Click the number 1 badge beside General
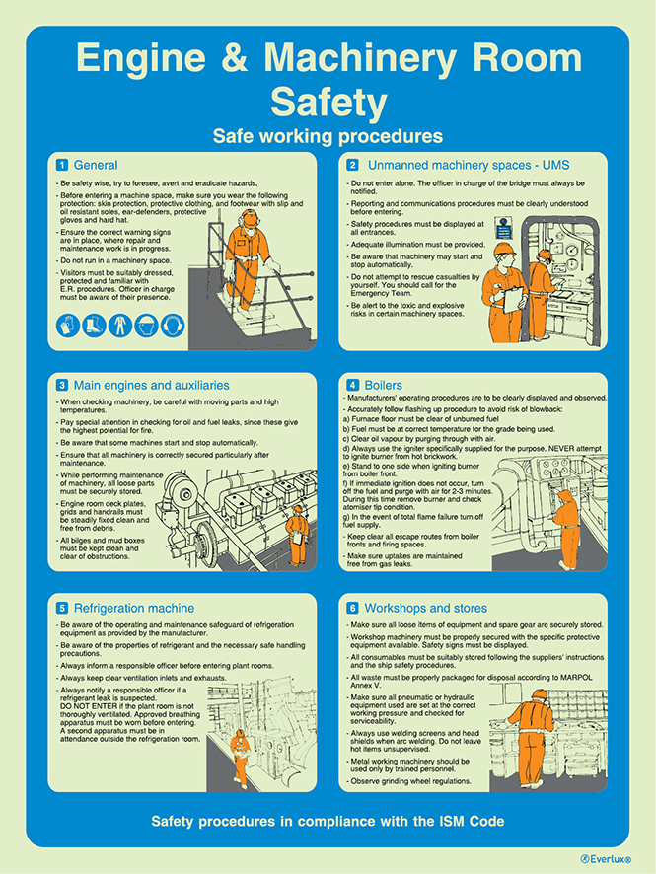61,165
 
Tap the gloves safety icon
68,324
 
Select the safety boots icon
94,324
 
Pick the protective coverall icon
119,324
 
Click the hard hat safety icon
145,324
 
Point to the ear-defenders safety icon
172,324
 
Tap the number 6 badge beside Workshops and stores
352,608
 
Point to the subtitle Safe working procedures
328,135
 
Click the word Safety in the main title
328,101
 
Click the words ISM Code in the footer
470,821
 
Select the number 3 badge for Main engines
61,384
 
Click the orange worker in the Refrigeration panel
240,755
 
